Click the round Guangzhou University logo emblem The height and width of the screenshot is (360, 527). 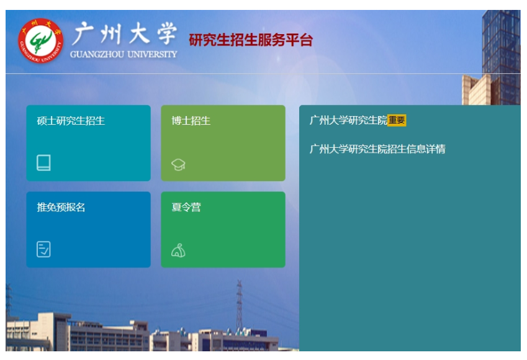pyautogui.click(x=40, y=41)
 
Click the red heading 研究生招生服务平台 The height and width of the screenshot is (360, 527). pyautogui.click(x=251, y=40)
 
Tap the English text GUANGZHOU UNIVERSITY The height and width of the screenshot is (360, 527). pyautogui.click(x=124, y=54)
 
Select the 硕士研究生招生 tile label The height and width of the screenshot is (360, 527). pyautogui.click(x=71, y=121)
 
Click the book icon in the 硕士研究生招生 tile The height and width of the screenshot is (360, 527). pyautogui.click(x=43, y=163)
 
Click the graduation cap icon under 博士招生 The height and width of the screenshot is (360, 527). pyautogui.click(x=178, y=164)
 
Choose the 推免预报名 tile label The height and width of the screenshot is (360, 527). pyautogui.click(x=61, y=207)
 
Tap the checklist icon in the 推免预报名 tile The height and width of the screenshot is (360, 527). pyautogui.click(x=43, y=250)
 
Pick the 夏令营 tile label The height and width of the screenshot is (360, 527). pyautogui.click(x=186, y=207)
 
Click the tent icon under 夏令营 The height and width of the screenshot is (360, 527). pyautogui.click(x=178, y=250)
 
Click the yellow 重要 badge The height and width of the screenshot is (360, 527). pyautogui.click(x=397, y=120)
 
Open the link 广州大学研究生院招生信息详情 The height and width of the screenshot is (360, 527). pyautogui.click(x=377, y=149)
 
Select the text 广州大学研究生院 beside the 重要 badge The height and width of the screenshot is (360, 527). pyautogui.click(x=348, y=120)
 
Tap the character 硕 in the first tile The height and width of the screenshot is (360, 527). pyautogui.click(x=42, y=121)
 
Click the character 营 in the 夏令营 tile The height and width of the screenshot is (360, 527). pyautogui.click(x=196, y=207)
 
